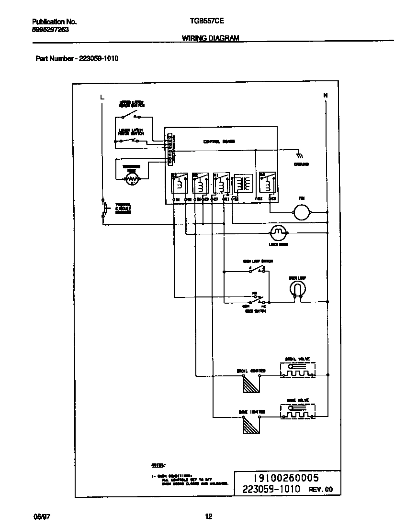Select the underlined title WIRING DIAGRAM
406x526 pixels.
point(210,38)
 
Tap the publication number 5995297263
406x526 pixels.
point(51,29)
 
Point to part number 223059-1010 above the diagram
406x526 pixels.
point(96,58)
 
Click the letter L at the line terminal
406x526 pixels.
point(101,97)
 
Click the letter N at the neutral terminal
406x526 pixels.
point(326,95)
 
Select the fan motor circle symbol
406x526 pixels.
point(302,211)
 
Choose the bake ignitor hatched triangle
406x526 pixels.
point(250,424)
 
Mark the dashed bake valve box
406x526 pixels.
point(298,412)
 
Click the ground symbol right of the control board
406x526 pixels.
point(300,155)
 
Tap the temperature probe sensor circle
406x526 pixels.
point(131,179)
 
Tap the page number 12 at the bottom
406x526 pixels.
point(208,516)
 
